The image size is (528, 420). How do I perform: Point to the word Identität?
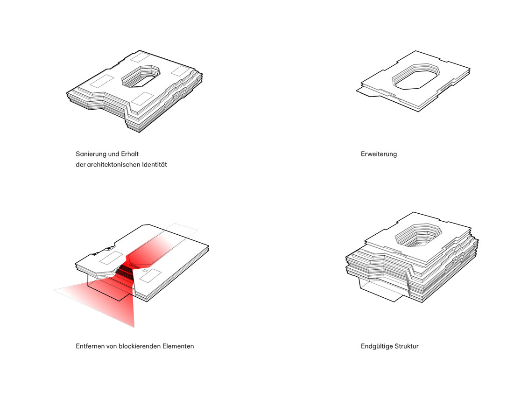154,165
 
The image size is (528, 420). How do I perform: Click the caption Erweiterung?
379,154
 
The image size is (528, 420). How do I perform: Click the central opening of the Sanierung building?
141,76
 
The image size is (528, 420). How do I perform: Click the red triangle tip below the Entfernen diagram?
134,327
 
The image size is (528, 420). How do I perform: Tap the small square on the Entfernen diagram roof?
145,271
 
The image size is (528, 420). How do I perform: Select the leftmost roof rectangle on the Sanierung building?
101,82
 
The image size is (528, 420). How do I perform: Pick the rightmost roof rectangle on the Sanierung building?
181,71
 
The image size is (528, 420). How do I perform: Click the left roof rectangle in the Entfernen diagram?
111,258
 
